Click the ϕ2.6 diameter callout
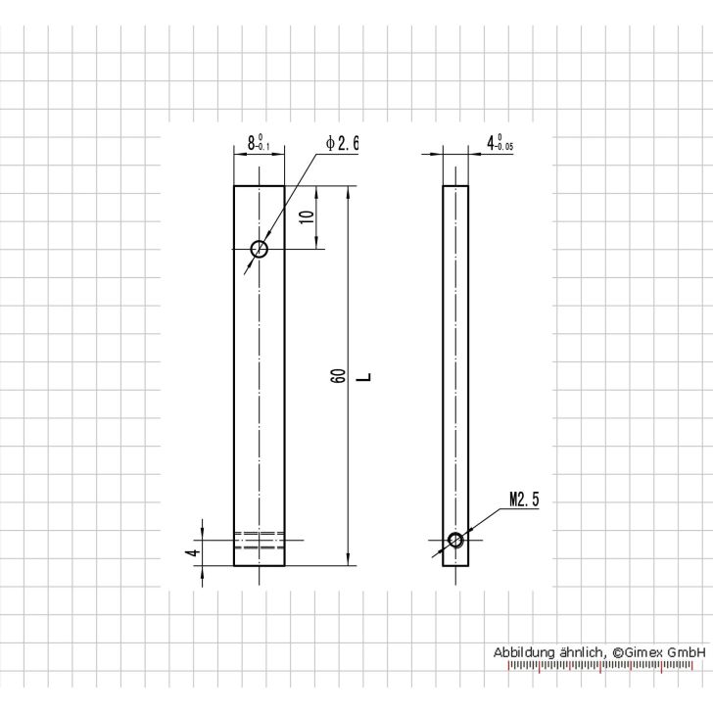click(x=343, y=143)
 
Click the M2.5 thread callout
click(x=524, y=500)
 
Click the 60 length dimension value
click(x=337, y=376)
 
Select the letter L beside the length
click(x=362, y=376)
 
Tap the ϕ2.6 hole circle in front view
click(x=259, y=249)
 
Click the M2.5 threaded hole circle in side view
click(x=455, y=540)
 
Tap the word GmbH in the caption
click(x=688, y=652)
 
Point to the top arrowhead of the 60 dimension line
click(x=348, y=190)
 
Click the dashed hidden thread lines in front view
click(x=259, y=540)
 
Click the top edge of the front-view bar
click(x=259, y=185)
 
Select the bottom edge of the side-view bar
click(x=455, y=565)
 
